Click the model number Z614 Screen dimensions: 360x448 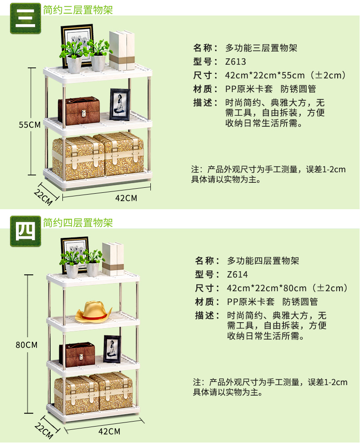pos(237,274)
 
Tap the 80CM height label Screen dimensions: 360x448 pos(26,345)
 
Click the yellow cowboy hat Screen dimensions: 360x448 pos(93,312)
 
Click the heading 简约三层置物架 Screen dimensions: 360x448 pos(78,10)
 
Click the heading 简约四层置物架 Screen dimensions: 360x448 pos(78,223)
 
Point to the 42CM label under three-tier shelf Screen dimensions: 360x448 pos(126,198)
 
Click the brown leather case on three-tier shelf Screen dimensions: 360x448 pos(79,111)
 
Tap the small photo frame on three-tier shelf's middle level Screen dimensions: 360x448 pos(119,104)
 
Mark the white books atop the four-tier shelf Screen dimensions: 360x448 pos(113,259)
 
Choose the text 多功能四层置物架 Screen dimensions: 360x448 pos(263,261)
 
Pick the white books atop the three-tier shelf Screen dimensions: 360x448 pos(122,50)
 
